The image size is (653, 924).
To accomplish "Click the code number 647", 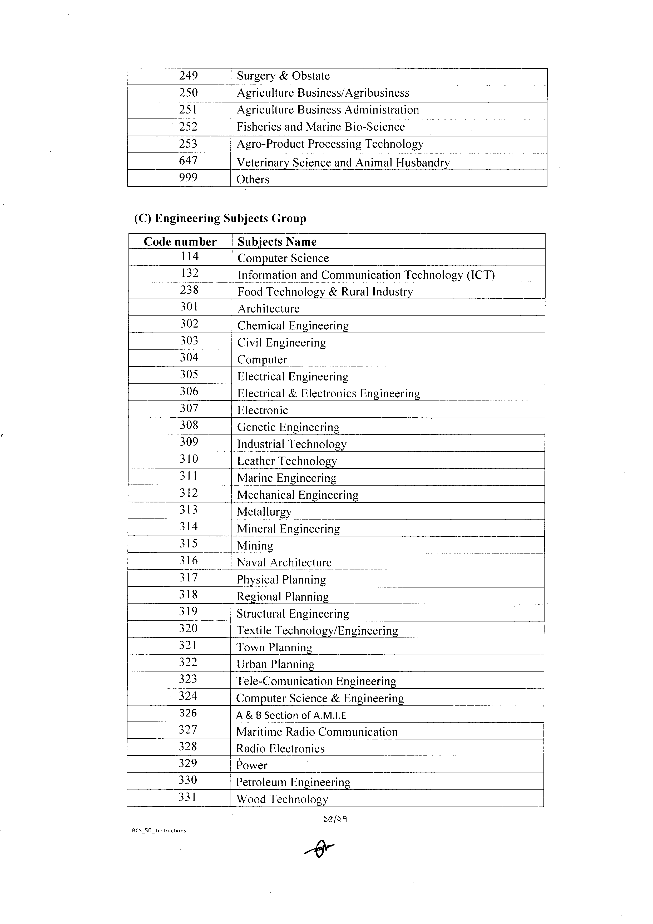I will [x=188, y=161].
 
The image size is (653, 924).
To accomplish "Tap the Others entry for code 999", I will [x=253, y=180].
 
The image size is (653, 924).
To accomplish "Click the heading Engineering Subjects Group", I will [x=220, y=219].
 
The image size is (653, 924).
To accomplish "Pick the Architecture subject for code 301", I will [x=268, y=309].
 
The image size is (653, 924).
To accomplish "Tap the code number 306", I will [x=189, y=392].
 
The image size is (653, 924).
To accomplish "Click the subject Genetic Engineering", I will [x=288, y=427].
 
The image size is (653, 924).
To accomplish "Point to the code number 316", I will [x=188, y=561].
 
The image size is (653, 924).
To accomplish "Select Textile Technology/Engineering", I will [x=317, y=631].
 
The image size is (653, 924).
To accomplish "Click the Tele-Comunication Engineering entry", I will [x=316, y=681].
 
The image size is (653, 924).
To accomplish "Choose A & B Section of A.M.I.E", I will [x=291, y=715].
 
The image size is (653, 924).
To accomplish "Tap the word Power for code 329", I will [x=252, y=765].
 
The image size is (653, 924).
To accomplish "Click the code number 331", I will [x=187, y=797].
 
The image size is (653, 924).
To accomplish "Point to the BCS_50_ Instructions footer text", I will [x=159, y=831].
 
